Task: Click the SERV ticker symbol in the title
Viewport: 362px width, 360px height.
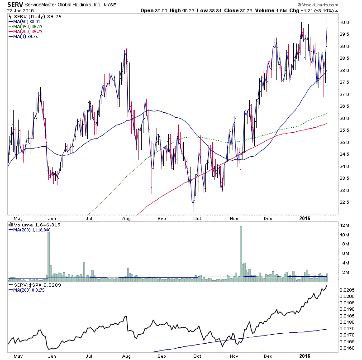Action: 14,5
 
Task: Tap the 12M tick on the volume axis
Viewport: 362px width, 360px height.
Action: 345,225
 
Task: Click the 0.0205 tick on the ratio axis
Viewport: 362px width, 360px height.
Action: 348,289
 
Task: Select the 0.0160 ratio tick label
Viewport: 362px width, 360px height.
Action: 348,348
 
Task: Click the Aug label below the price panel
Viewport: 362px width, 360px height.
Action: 126,218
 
